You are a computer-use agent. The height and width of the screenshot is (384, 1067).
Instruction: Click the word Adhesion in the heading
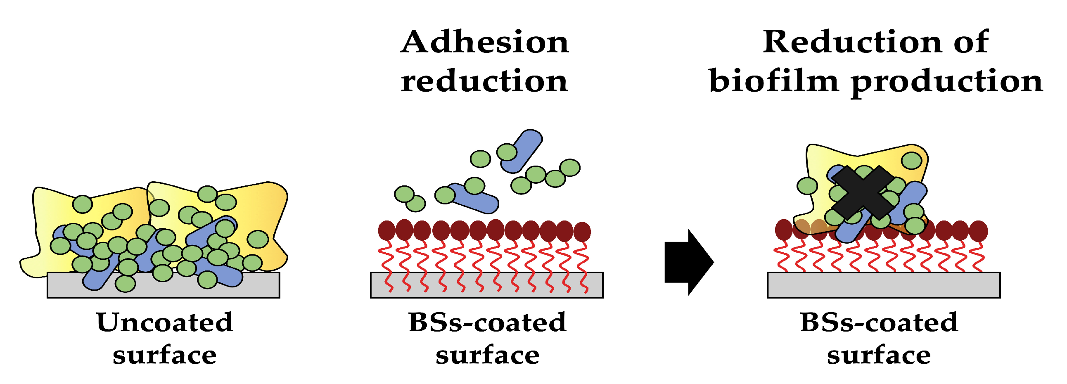[x=485, y=42]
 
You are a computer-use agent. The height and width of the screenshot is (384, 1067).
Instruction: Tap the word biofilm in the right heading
[x=774, y=81]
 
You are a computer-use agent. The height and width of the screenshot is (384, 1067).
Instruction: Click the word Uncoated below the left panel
[x=164, y=322]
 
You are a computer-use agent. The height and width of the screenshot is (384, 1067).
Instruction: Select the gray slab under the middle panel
[x=486, y=286]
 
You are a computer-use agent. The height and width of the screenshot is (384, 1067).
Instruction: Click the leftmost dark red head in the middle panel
[x=387, y=231]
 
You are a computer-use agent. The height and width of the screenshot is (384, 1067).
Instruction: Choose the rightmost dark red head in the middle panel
[x=582, y=232]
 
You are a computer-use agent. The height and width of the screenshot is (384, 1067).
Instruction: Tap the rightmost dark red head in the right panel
[x=978, y=231]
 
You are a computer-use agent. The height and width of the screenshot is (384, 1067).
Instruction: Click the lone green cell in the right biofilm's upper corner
[x=912, y=160]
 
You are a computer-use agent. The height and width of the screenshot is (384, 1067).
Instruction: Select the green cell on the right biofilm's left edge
[x=807, y=185]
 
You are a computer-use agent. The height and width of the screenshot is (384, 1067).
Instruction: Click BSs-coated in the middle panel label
[x=487, y=322]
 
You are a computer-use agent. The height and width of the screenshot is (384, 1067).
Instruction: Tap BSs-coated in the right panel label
[x=879, y=322]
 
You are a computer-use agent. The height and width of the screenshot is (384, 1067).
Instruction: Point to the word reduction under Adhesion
[x=485, y=81]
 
